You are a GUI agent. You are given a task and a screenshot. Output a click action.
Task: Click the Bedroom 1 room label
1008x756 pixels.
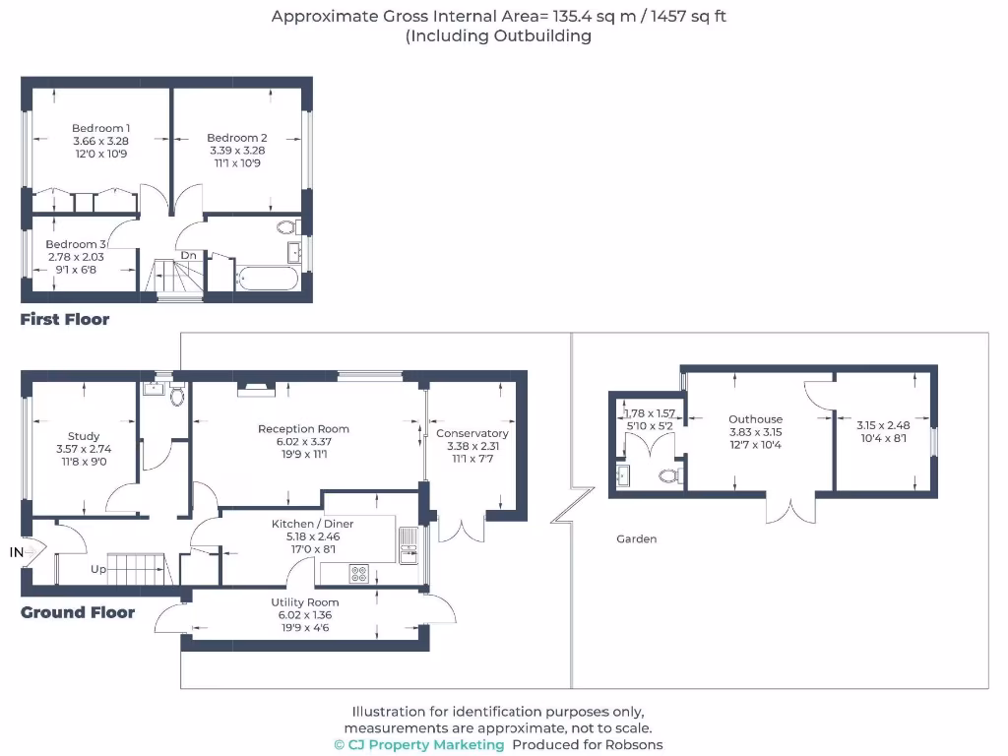(100, 128)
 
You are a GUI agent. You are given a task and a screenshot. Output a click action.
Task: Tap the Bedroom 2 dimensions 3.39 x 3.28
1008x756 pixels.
(236, 151)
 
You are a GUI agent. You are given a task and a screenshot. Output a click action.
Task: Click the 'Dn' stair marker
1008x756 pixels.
(187, 256)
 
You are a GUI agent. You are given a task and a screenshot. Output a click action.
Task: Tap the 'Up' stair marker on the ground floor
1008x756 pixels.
(97, 569)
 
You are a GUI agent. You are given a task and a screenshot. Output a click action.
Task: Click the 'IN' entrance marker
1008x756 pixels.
(17, 553)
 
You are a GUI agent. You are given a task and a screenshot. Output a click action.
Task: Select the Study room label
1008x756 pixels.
(84, 436)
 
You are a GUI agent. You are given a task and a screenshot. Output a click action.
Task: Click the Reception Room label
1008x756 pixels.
(303, 429)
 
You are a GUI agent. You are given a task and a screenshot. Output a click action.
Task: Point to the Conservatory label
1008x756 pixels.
(472, 433)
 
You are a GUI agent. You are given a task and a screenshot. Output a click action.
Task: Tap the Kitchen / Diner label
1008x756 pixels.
(312, 524)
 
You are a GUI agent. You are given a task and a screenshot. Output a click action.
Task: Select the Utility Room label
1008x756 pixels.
(305, 602)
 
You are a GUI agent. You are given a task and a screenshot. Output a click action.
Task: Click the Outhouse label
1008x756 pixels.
(755, 419)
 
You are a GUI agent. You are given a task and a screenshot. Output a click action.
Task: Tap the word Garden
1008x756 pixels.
(636, 538)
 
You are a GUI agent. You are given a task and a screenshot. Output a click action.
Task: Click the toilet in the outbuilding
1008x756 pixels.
(669, 476)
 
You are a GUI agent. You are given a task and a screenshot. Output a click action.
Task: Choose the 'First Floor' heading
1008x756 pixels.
(65, 319)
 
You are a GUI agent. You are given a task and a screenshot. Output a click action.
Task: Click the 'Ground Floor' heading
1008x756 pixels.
(78, 612)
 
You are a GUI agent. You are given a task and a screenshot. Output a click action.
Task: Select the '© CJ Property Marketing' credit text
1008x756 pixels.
(419, 745)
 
